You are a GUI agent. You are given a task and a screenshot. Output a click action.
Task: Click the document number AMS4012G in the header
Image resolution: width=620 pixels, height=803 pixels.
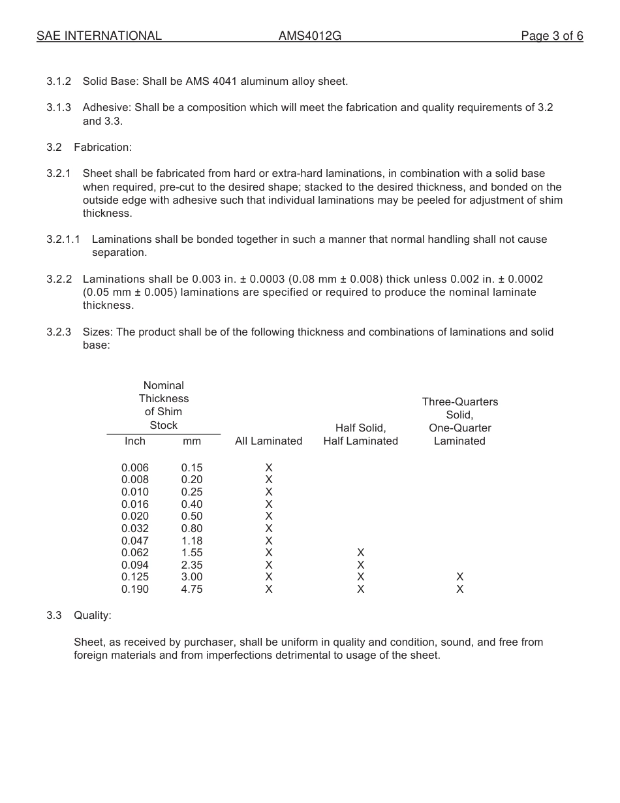click(x=309, y=36)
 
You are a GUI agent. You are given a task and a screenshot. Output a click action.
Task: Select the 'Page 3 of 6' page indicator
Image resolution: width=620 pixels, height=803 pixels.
click(x=551, y=36)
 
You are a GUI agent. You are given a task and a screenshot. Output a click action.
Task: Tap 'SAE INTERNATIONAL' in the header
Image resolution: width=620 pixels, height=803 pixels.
click(x=99, y=36)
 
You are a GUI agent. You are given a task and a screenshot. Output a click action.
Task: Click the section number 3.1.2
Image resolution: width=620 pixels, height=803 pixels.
click(x=59, y=82)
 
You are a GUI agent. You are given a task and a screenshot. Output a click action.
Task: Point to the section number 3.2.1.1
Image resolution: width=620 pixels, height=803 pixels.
click(x=63, y=240)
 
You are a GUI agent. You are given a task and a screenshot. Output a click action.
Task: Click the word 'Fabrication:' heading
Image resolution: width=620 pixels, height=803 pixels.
click(x=102, y=148)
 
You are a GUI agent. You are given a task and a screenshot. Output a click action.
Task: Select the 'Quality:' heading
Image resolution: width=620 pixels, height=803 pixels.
click(x=92, y=616)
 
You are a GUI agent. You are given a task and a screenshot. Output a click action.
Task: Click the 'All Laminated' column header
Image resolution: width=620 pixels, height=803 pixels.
click(x=268, y=441)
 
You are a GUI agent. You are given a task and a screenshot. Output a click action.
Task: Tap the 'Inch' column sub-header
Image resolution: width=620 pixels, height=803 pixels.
click(x=135, y=441)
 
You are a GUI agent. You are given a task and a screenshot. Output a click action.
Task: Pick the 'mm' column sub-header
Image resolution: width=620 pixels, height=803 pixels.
click(x=192, y=441)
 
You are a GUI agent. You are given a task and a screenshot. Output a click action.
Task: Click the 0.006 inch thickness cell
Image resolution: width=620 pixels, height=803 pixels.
click(x=135, y=467)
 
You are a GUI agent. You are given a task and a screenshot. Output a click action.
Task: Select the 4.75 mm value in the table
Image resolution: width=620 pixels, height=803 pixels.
click(x=192, y=590)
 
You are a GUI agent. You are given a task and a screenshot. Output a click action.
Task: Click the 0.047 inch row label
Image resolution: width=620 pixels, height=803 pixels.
click(x=135, y=541)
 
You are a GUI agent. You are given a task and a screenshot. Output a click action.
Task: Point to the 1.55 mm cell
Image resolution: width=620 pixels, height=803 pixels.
click(x=192, y=553)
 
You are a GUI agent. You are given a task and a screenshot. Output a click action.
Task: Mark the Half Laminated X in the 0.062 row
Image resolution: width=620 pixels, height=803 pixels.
click(x=361, y=553)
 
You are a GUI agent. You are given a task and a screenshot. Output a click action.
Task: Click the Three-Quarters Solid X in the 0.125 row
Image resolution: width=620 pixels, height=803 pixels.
click(x=459, y=577)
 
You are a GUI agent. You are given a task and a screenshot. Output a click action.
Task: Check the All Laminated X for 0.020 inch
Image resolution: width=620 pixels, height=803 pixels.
click(x=268, y=516)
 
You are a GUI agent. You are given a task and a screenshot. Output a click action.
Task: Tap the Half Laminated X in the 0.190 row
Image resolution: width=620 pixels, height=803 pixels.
click(x=361, y=590)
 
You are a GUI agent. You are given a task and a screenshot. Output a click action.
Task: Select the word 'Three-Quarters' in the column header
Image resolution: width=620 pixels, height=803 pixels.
click(x=459, y=402)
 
